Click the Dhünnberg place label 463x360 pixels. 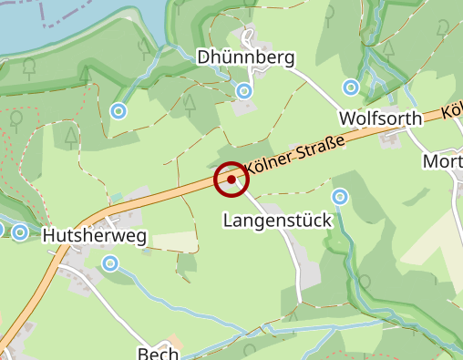point(246,58)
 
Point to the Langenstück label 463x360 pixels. point(277,221)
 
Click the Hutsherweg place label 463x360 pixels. point(94,236)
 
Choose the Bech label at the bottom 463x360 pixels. point(155,353)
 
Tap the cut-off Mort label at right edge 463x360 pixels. point(444,161)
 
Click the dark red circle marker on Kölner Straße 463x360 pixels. point(231,180)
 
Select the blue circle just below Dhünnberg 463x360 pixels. point(244,91)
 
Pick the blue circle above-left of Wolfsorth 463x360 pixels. point(351,87)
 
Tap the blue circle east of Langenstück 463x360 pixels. point(340,196)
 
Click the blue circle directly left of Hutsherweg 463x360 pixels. point(21,232)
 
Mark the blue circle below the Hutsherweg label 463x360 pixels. point(110,263)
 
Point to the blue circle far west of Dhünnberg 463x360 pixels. point(118,111)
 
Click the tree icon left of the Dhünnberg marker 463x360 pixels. point(190,102)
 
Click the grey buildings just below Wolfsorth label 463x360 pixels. point(393,138)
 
